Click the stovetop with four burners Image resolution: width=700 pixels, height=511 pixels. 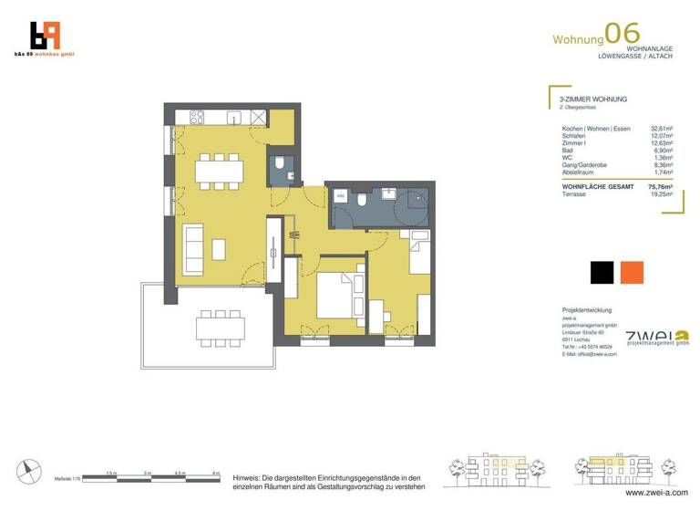(196, 117)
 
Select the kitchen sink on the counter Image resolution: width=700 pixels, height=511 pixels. (234, 117)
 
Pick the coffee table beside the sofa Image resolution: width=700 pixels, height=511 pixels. (220, 247)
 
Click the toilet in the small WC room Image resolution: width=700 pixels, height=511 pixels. (281, 166)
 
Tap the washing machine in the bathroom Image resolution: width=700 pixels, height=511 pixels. (341, 196)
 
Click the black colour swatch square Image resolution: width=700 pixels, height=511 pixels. (602, 273)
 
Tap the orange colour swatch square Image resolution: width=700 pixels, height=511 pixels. (631, 273)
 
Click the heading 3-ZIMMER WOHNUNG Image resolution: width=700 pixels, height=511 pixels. (593, 99)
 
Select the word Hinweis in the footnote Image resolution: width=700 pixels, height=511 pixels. (248, 477)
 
